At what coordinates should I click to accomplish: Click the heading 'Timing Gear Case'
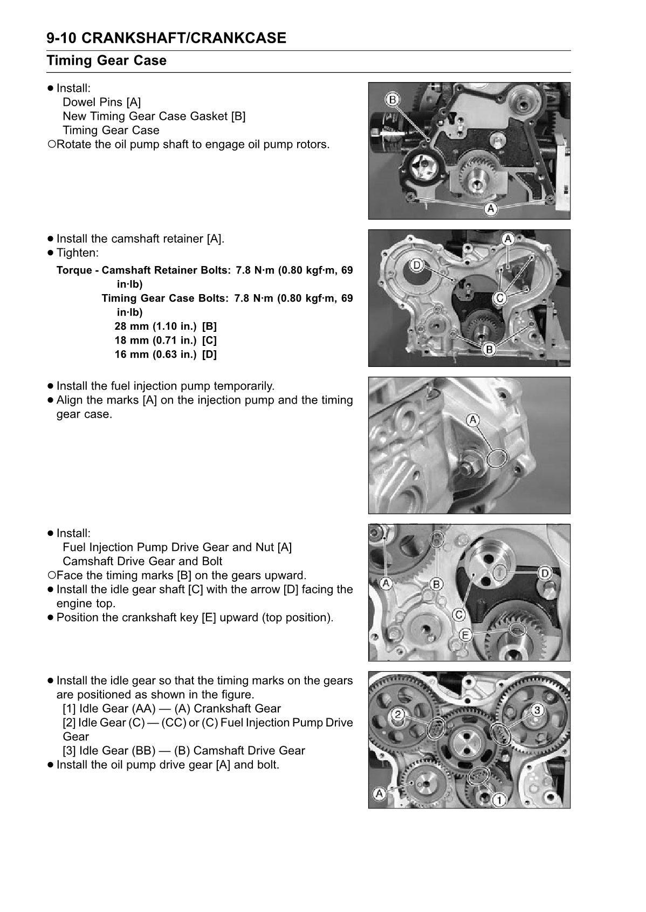pyautogui.click(x=106, y=60)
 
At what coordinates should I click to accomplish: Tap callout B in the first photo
pyautogui.click(x=393, y=99)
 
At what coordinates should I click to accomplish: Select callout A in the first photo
pyautogui.click(x=490, y=209)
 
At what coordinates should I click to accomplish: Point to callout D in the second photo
pyautogui.click(x=416, y=264)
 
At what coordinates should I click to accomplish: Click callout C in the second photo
pyautogui.click(x=500, y=298)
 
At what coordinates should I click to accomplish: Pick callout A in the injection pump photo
pyautogui.click(x=473, y=419)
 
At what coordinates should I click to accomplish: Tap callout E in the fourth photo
pyautogui.click(x=465, y=635)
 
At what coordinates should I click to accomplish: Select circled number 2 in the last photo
pyautogui.click(x=397, y=715)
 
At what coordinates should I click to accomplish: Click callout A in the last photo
pyautogui.click(x=379, y=793)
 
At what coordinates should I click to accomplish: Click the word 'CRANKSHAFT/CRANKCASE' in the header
pyautogui.click(x=186, y=38)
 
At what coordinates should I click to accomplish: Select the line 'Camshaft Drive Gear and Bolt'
pyautogui.click(x=142, y=561)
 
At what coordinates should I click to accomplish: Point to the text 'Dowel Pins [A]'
pyautogui.click(x=101, y=102)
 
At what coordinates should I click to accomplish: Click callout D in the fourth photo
pyautogui.click(x=545, y=573)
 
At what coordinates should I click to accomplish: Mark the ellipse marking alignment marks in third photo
pyautogui.click(x=497, y=458)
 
